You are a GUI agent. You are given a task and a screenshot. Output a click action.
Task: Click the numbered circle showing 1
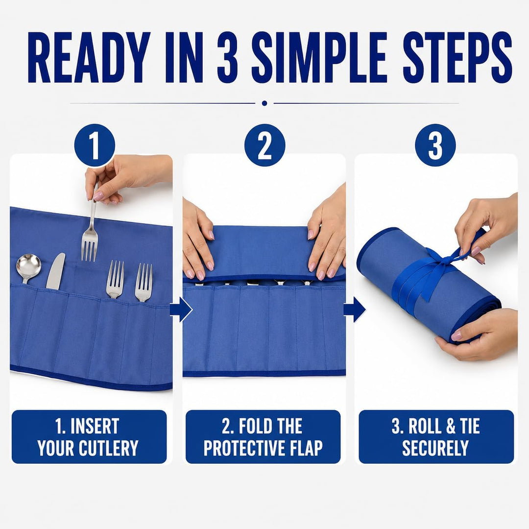[95, 145]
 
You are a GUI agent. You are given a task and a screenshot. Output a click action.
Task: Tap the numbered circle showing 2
[265, 145]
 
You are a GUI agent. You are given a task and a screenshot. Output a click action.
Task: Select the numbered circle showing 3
[435, 145]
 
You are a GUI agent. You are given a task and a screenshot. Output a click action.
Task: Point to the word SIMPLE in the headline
[319, 57]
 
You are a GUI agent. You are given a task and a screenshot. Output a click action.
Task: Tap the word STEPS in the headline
[457, 57]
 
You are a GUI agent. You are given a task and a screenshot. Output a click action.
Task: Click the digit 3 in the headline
[227, 57]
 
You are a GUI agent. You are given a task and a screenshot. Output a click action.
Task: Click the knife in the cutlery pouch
[55, 271]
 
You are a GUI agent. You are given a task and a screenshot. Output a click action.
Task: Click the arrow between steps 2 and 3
[355, 310]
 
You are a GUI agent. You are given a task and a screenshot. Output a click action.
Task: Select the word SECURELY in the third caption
[435, 448]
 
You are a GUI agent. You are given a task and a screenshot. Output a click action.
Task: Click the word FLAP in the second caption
[306, 448]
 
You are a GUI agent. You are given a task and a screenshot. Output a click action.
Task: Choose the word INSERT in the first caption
[95, 426]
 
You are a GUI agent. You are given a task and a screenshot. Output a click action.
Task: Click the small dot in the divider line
[264, 103]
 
